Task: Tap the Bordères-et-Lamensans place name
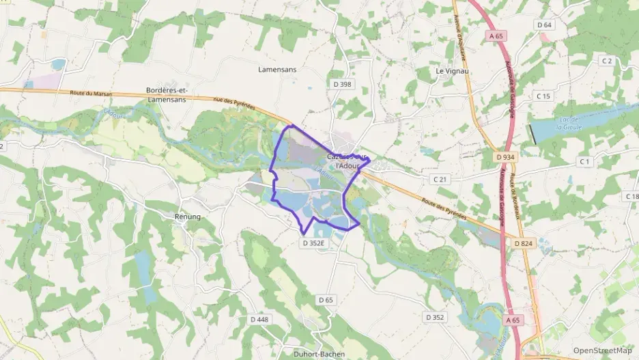click(x=167, y=95)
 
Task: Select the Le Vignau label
click(x=451, y=70)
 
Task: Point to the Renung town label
click(x=187, y=217)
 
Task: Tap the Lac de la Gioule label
click(x=570, y=123)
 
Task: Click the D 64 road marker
click(x=544, y=25)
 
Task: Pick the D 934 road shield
click(x=505, y=157)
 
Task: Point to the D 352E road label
click(x=315, y=242)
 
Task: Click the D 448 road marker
click(x=259, y=319)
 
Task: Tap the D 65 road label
click(x=326, y=300)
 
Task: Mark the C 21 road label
click(x=440, y=179)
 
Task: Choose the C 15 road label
click(x=543, y=96)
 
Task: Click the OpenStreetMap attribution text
click(x=602, y=350)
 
